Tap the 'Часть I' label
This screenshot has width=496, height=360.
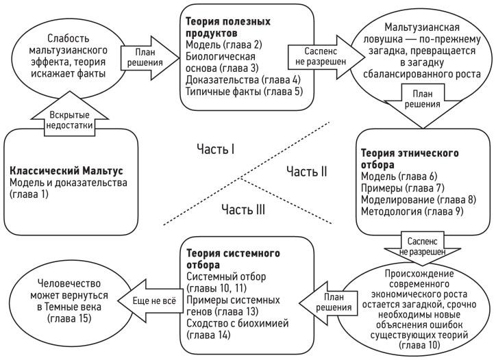[x=215, y=149]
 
